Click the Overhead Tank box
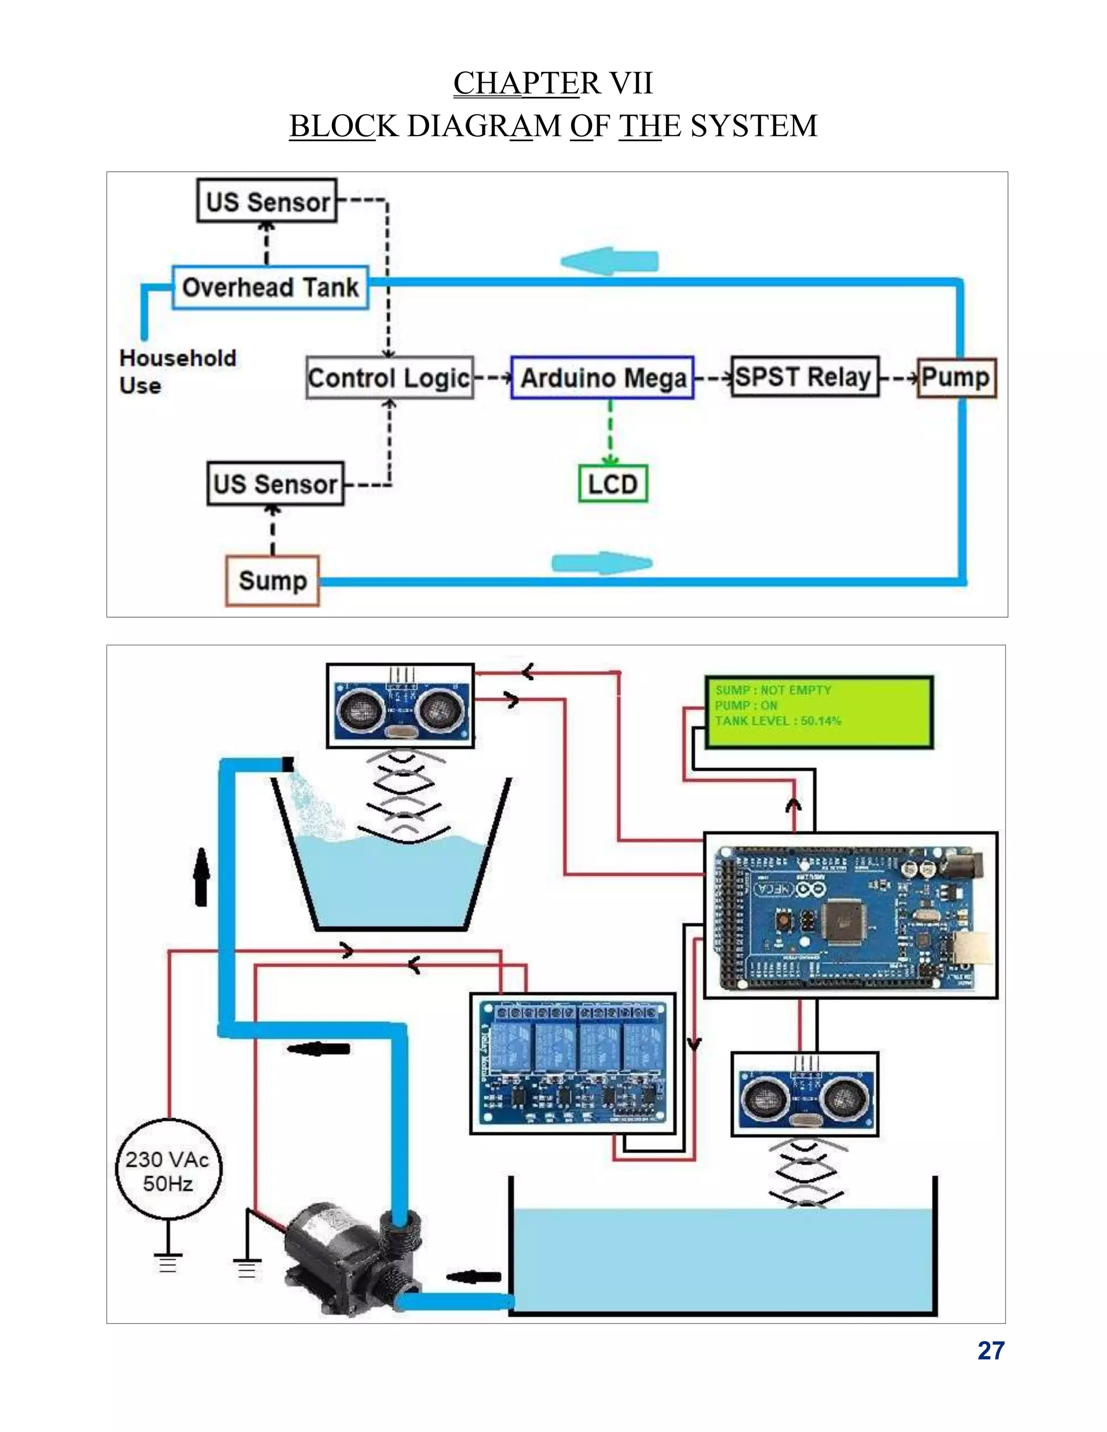pos(270,287)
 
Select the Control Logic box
pos(390,378)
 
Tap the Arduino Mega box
pos(602,378)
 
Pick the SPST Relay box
pos(805,377)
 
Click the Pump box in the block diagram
pos(956,377)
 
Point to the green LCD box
pos(612,484)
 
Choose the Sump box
pos(272,580)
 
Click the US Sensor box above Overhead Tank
pos(267,200)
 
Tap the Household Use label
pos(178,371)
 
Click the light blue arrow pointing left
pos(609,261)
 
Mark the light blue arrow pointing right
pos(602,563)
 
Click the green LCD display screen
pos(818,712)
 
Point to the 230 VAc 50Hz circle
pos(169,1171)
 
